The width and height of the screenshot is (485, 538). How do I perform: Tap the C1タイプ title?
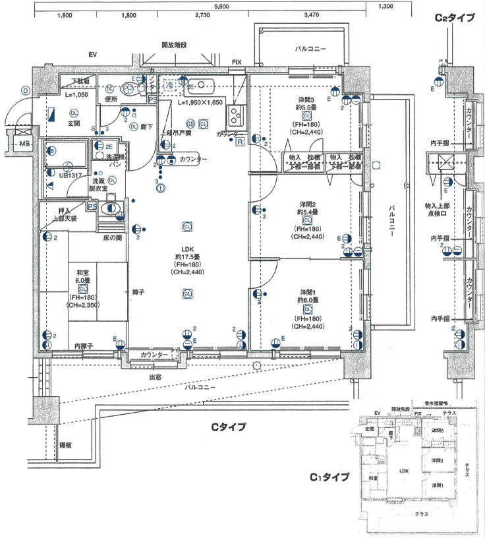[329, 476]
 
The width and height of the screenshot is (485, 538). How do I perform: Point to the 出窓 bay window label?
[156, 378]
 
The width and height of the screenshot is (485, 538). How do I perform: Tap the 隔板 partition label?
[65, 445]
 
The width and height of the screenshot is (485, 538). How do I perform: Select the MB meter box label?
[24, 143]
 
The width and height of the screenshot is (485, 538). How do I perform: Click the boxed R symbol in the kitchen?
[240, 141]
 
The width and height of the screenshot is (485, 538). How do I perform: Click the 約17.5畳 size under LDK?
[187, 257]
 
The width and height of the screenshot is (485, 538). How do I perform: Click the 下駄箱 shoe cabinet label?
[80, 81]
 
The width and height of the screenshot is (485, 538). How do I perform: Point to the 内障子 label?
[83, 346]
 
